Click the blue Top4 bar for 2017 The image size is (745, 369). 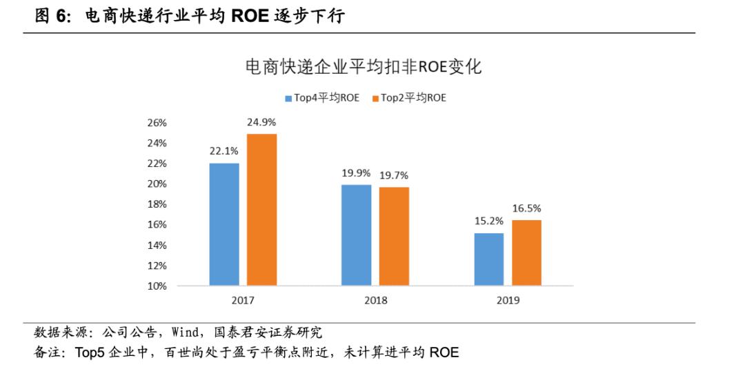[x=224, y=224]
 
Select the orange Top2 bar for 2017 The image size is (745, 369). [x=261, y=210]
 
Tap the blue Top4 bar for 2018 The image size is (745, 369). [x=357, y=235]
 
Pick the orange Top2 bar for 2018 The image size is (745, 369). [x=394, y=236]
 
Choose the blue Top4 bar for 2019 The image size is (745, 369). [x=489, y=259]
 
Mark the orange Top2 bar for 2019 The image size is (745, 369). [x=526, y=252]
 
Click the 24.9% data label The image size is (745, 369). [x=261, y=121]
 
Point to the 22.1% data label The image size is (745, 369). [x=224, y=150]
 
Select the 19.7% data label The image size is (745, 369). [x=394, y=175]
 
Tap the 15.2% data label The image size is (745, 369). [x=489, y=221]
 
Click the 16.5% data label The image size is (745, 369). [x=526, y=208]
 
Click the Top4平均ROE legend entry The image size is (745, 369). [x=322, y=98]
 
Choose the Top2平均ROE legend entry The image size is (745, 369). [x=409, y=98]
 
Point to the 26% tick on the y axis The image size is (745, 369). [x=157, y=123]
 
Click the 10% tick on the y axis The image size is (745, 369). [x=157, y=286]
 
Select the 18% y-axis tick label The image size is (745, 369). [x=157, y=204]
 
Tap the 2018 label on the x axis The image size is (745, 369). [x=375, y=300]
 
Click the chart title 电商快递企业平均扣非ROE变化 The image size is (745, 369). [x=364, y=67]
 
